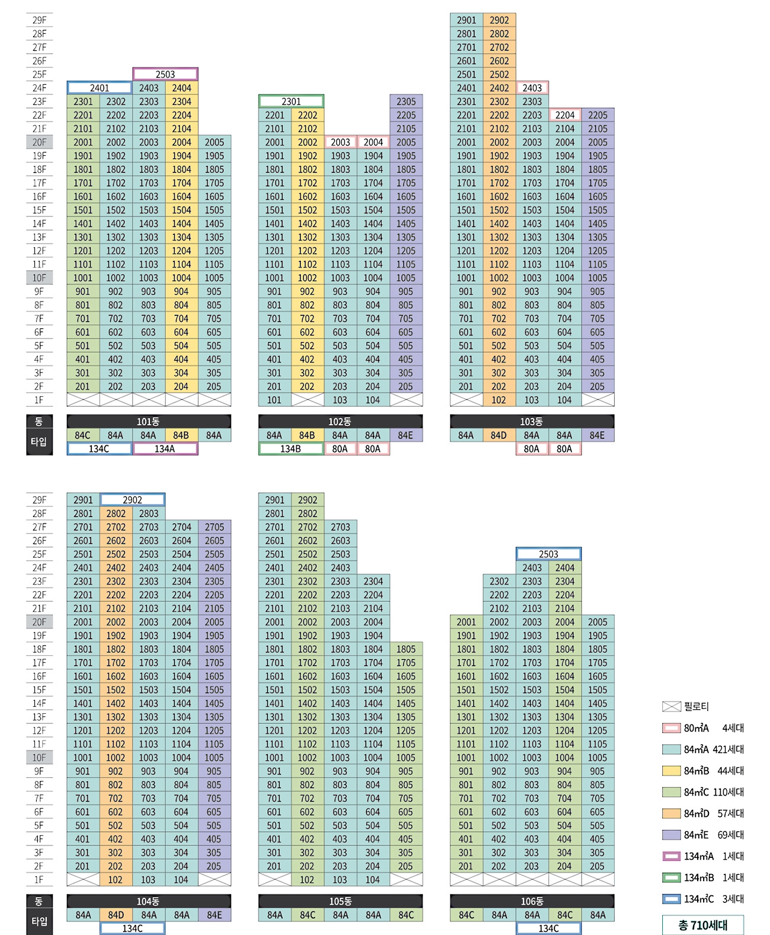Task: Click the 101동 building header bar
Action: pos(149,422)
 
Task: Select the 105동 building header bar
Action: pos(341,901)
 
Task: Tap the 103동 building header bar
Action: pos(532,422)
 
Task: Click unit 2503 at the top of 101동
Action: pos(165,74)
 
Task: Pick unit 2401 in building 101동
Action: pos(100,88)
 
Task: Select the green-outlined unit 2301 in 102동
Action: pos(291,101)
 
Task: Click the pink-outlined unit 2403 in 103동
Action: pos(532,88)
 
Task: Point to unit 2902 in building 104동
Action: pos(132,500)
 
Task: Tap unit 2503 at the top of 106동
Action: pos(548,554)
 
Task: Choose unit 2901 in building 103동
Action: pos(466,20)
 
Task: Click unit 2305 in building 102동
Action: pos(406,101)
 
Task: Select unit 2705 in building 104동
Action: pos(214,527)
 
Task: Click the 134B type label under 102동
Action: pos(291,449)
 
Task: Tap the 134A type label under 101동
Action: pos(165,449)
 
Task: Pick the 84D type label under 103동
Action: pos(499,435)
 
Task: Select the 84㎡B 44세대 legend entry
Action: pos(703,771)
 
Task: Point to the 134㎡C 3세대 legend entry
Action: pos(703,899)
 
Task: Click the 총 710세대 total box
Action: pos(702,925)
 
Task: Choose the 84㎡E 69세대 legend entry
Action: pos(703,835)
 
